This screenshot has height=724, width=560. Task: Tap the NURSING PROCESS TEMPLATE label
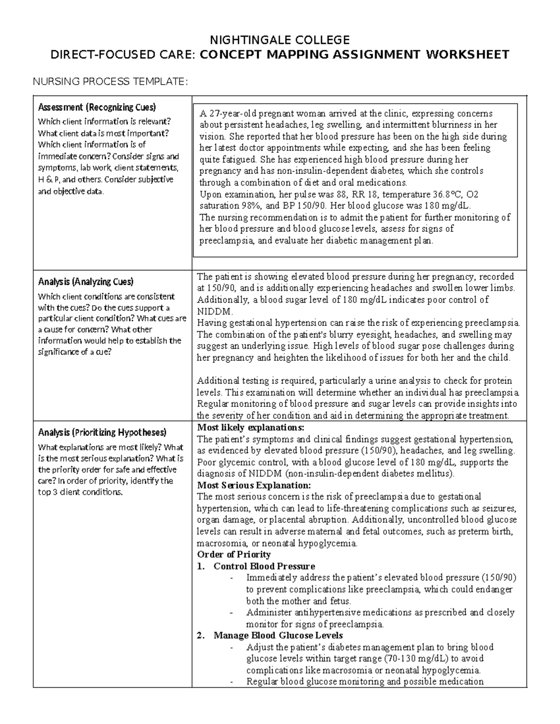coord(110,83)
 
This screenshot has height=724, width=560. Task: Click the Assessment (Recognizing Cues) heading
coord(97,107)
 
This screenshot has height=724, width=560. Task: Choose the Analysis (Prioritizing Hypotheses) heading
coord(102,432)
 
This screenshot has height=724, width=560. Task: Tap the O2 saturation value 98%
coord(217,206)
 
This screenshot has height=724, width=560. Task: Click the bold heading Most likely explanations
coord(251,428)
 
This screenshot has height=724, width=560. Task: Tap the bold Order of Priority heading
coord(234,554)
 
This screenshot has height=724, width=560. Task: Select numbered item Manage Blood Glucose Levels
coord(278,635)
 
